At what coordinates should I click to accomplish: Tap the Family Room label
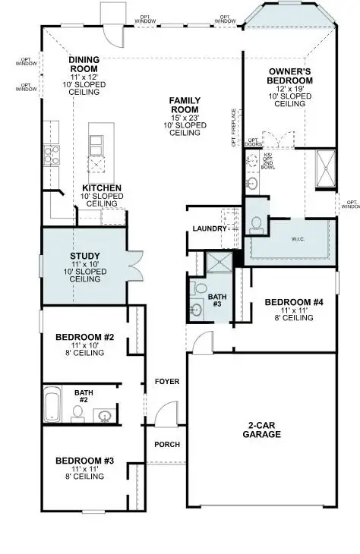[x=185, y=101]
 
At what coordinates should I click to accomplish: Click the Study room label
[x=85, y=257]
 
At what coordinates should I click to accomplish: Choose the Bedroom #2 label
[x=84, y=336]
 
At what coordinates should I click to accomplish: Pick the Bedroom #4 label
[x=294, y=303]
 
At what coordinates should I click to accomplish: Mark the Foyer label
[x=166, y=381]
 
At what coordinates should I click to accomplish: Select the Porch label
[x=166, y=444]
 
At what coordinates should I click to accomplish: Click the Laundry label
[x=210, y=228]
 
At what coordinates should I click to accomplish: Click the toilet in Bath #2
[x=77, y=413]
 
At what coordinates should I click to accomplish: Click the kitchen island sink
[x=97, y=164]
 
